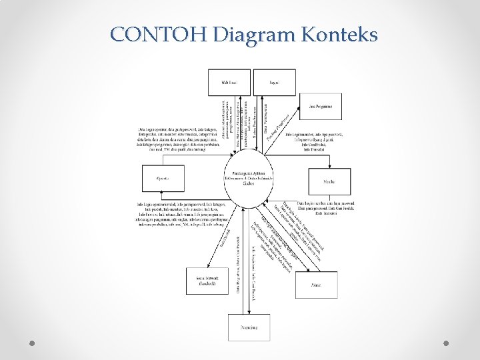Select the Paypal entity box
(274, 82)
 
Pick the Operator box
(162, 179)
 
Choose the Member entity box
(329, 179)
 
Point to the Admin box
(316, 285)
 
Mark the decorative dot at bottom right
(446, 343)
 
